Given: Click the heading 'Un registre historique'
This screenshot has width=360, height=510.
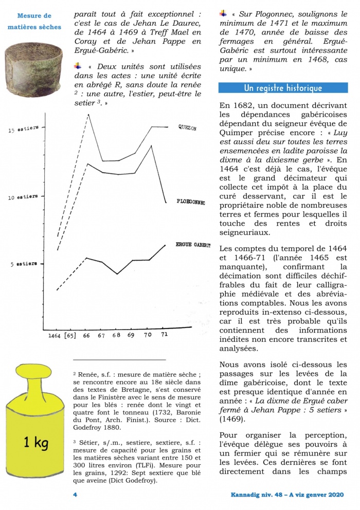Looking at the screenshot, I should [x=283, y=88].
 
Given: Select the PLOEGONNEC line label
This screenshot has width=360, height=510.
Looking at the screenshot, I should [x=191, y=202].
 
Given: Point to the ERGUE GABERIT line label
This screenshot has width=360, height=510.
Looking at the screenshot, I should [x=193, y=245].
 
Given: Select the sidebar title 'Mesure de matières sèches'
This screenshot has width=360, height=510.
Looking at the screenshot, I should [x=35, y=21].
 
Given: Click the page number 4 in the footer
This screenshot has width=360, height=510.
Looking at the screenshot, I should [x=75, y=495].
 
